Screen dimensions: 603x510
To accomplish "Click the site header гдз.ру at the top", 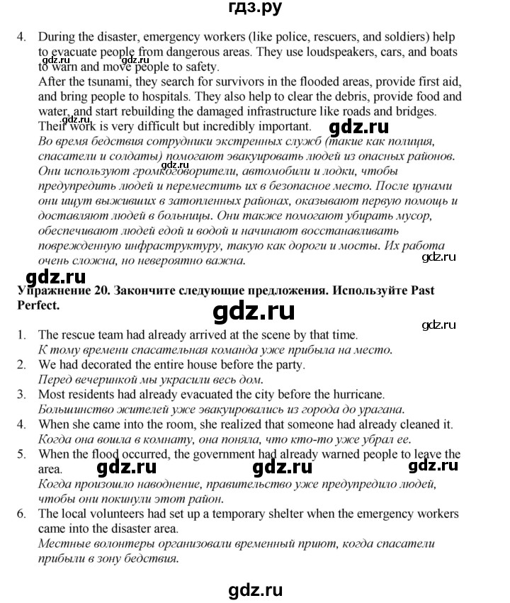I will click(255, 9).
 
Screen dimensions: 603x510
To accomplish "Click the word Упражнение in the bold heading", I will click(48, 291).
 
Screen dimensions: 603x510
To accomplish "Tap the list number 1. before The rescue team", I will click(22, 334).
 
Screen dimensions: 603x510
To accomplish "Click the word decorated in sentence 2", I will click(108, 364).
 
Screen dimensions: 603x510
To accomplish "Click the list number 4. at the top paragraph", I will click(22, 37).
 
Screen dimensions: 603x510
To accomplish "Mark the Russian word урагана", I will click(381, 409).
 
